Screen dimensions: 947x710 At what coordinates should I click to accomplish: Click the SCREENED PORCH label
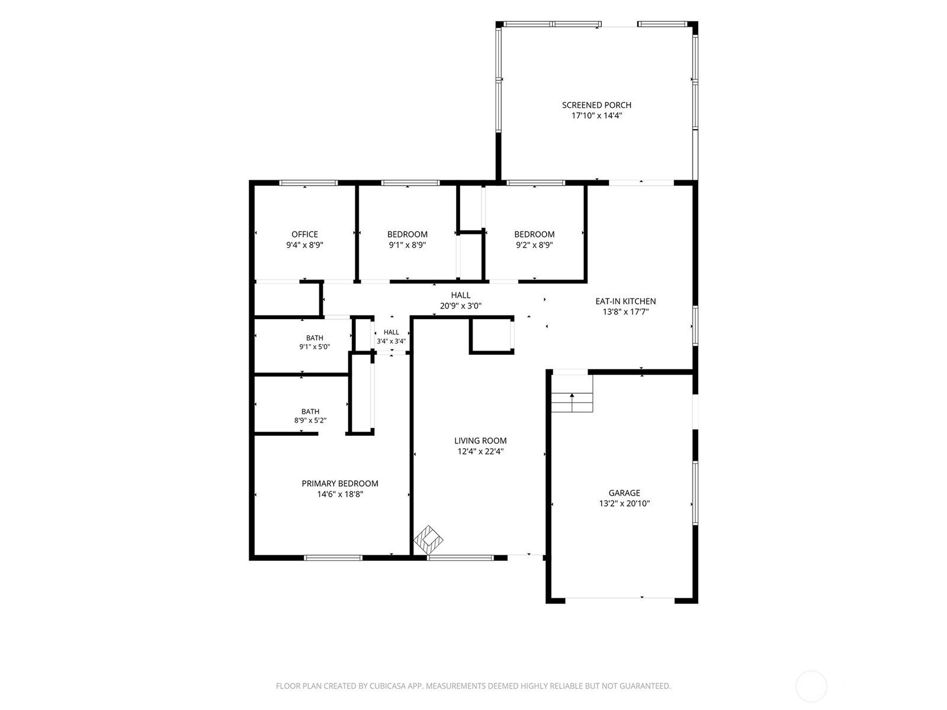(596, 105)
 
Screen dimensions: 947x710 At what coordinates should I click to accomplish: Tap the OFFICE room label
(304, 234)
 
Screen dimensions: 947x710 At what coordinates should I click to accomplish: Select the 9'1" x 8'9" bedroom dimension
(407, 245)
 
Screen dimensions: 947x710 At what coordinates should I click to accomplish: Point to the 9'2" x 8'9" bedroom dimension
(534, 245)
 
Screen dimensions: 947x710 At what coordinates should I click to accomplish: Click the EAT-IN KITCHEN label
(625, 301)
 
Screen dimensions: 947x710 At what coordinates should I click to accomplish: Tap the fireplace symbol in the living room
(428, 539)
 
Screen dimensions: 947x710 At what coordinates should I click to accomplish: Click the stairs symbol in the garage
(572, 393)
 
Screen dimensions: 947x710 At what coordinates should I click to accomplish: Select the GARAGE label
(624, 493)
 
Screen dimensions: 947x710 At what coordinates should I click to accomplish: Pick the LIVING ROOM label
(480, 441)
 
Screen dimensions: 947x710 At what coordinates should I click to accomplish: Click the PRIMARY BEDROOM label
(340, 484)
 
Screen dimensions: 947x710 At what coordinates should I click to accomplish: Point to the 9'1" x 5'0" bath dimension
(314, 346)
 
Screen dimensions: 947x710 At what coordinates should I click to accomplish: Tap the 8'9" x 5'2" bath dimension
(310, 420)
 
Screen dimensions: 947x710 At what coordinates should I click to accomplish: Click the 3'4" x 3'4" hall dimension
(391, 340)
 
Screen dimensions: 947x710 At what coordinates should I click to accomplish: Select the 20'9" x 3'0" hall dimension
(461, 306)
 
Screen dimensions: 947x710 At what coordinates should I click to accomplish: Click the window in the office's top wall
(309, 183)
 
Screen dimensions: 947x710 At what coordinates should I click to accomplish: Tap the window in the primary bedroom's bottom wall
(333, 558)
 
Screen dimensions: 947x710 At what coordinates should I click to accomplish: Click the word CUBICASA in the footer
(387, 685)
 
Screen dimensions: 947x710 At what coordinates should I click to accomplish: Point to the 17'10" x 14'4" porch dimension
(596, 115)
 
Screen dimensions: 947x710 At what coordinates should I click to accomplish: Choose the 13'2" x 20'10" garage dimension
(624, 503)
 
